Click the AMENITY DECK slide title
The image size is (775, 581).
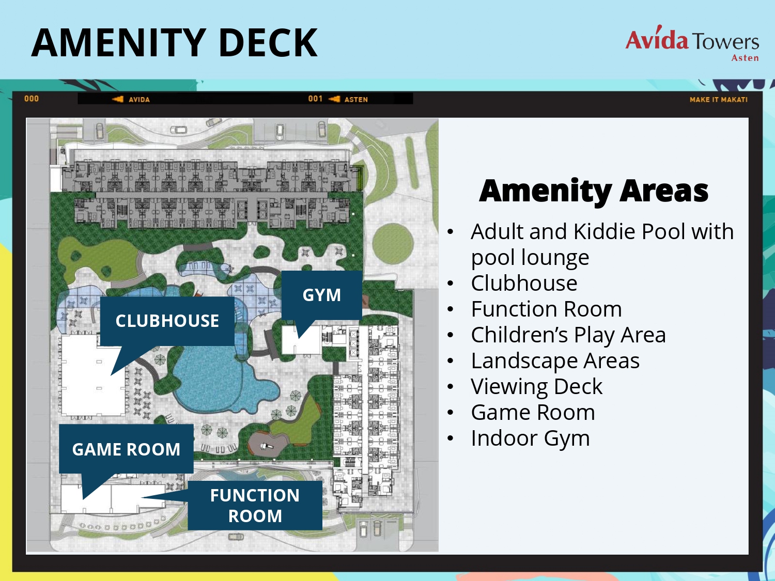175,43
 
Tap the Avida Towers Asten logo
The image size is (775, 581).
692,43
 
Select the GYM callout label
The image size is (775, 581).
322,295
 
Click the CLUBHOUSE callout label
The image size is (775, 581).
167,321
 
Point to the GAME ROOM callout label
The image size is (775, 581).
126,449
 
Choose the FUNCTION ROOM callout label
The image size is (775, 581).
255,506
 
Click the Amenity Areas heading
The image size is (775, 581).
594,191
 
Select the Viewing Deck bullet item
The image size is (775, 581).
537,387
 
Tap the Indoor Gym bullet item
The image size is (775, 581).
530,438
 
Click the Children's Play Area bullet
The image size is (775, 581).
568,335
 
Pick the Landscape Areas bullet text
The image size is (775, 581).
555,361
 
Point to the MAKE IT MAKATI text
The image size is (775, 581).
719,100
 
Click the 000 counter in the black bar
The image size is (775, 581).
32,99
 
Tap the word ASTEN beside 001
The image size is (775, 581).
356,100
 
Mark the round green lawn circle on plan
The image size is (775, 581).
393,243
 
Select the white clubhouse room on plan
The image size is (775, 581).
92,375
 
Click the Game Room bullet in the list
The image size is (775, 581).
533,412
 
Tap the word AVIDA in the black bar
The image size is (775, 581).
139,100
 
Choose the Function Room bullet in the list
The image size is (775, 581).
546,309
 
